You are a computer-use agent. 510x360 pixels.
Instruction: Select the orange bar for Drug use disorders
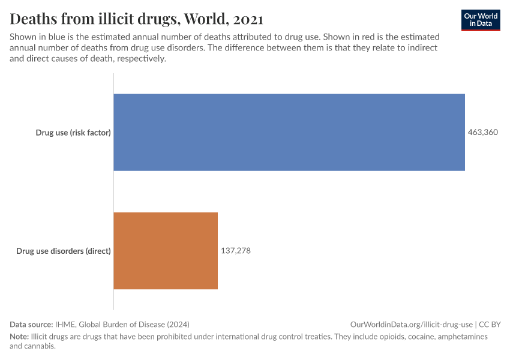click(x=166, y=251)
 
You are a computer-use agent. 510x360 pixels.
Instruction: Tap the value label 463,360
click(x=483, y=132)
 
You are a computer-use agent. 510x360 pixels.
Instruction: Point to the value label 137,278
click(x=236, y=251)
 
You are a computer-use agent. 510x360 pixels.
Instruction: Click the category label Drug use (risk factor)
click(x=73, y=133)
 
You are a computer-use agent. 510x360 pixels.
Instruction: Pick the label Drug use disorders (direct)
click(x=64, y=251)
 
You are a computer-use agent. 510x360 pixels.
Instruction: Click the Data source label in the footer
click(x=31, y=324)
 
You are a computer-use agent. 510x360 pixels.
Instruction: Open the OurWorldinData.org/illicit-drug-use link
click(x=411, y=324)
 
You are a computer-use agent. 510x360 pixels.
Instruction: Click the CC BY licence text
click(x=490, y=324)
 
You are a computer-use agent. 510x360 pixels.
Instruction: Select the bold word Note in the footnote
click(x=19, y=337)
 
